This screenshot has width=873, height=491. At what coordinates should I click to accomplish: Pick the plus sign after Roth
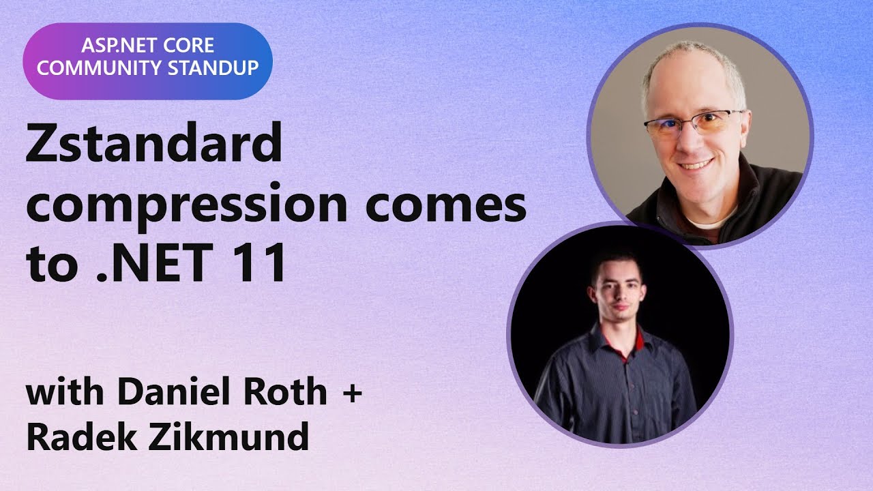click(350, 394)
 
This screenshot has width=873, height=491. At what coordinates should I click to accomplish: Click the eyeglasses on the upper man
click(692, 124)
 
